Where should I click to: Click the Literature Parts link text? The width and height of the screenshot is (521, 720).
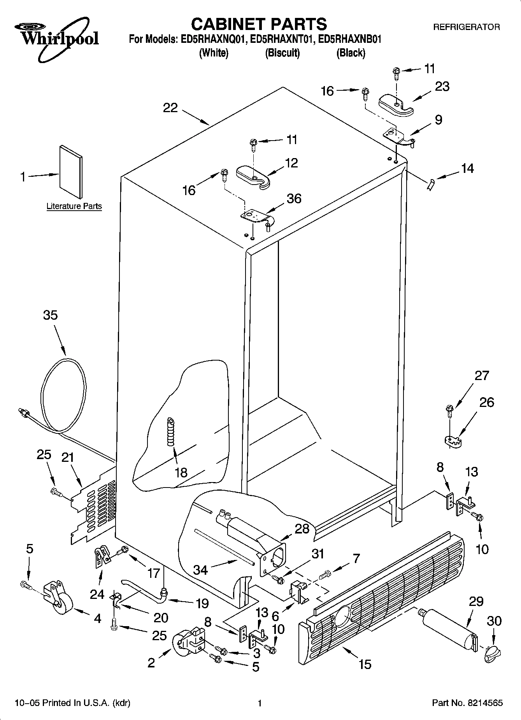click(x=74, y=206)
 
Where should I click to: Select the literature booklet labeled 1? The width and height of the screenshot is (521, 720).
click(x=71, y=172)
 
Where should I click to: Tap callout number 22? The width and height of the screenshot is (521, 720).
click(x=170, y=108)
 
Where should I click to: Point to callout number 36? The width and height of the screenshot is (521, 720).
click(x=294, y=199)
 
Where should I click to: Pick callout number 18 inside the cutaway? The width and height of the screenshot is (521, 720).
click(x=181, y=472)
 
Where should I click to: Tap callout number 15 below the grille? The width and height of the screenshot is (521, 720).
click(x=365, y=664)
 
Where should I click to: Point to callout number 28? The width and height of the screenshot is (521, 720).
click(x=302, y=528)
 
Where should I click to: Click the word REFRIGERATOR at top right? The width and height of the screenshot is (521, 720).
click(x=467, y=27)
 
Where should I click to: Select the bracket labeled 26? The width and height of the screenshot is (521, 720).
click(x=453, y=441)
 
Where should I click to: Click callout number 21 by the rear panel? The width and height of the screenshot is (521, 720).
click(x=68, y=457)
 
